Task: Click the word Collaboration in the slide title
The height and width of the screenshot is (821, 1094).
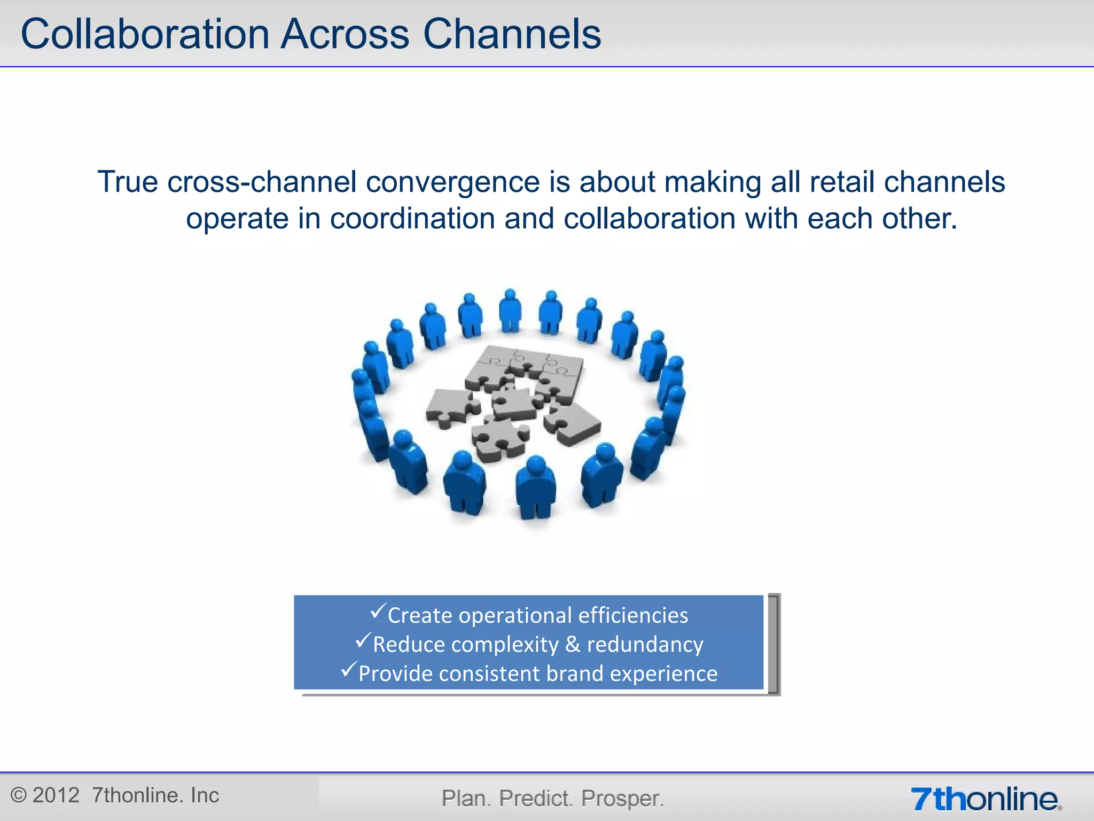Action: click(144, 34)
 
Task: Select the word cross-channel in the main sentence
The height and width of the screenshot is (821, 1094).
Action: click(262, 182)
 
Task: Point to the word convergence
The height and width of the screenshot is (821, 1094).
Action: click(452, 182)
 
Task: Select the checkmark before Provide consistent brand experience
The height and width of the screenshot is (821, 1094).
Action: click(348, 669)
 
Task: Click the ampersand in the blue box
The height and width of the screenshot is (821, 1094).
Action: click(572, 644)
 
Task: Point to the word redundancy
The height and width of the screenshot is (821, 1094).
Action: click(645, 645)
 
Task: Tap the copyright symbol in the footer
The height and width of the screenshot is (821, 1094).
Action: click(18, 795)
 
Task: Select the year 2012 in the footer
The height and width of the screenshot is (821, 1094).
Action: click(56, 795)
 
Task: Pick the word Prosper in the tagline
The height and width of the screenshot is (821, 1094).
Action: click(622, 799)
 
